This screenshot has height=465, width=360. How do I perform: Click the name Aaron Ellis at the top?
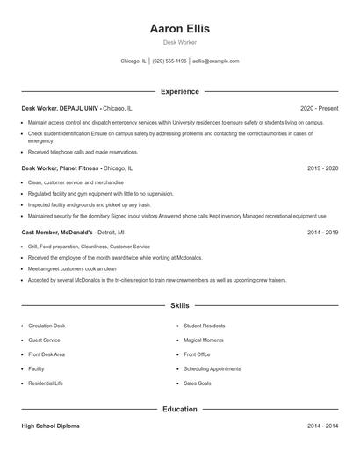pos(180,28)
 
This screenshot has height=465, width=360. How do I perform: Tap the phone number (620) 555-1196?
pos(169,61)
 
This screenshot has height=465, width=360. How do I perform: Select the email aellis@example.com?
pos(216,61)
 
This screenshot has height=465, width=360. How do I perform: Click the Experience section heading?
pos(180,91)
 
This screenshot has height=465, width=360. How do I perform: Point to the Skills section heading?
pos(180,306)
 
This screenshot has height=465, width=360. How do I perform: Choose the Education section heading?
pos(180,409)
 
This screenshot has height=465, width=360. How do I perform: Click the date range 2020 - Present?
pos(319,108)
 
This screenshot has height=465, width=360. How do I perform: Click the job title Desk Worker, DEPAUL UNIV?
pos(61,108)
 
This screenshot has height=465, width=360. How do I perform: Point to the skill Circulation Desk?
pos(47,325)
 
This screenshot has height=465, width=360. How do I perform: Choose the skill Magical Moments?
pos(204,340)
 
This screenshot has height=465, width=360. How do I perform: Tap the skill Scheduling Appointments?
pos(212,368)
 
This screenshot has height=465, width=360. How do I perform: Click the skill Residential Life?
pos(46,383)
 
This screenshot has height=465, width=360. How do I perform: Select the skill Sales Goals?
pos(198,383)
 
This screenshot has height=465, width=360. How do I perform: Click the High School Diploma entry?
pos(50,426)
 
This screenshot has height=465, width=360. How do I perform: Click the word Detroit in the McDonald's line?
pos(108,232)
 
